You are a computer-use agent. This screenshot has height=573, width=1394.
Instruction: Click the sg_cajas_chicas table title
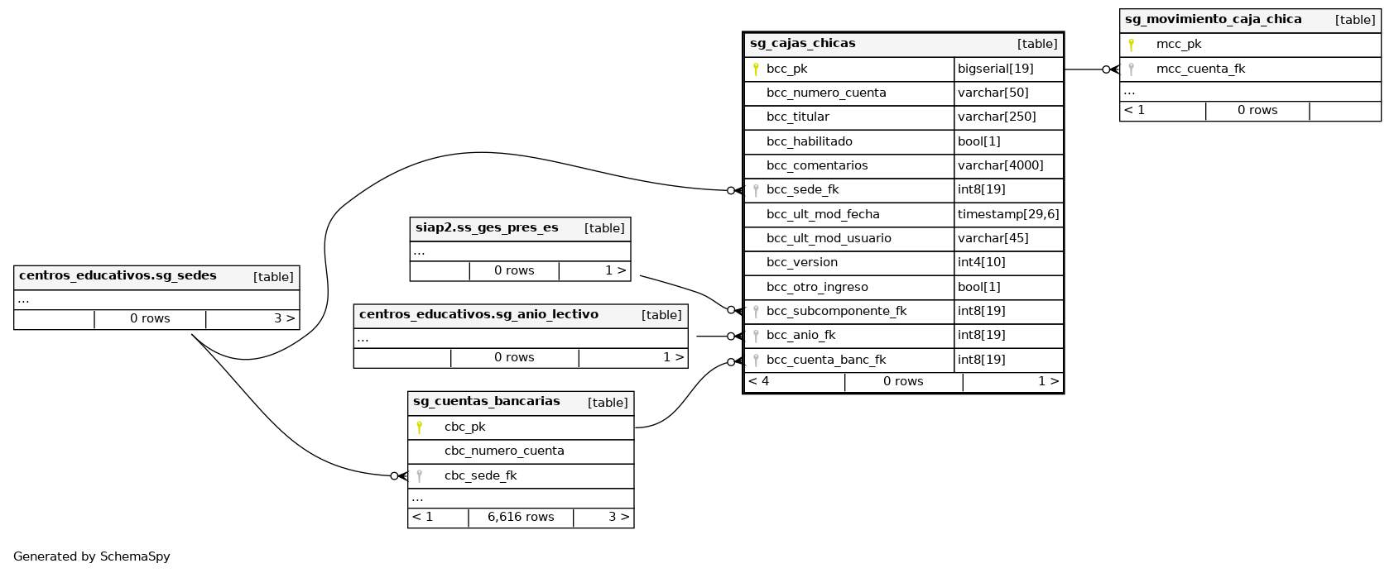pos(802,44)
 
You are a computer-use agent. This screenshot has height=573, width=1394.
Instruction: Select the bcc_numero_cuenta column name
pos(825,93)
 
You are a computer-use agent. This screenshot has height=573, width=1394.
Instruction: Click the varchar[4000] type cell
pos(1000,165)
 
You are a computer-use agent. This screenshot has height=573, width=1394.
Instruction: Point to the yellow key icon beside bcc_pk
pos(756,69)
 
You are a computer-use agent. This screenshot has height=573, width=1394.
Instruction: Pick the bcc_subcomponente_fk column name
pos(836,312)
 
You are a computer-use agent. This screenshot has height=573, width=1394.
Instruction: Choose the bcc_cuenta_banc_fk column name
pos(825,360)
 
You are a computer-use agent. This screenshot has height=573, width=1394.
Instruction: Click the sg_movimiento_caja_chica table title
pos(1213,20)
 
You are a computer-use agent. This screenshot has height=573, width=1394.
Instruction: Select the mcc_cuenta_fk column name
pos(1200,69)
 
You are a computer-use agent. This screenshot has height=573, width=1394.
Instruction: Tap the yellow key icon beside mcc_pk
pos(1132,45)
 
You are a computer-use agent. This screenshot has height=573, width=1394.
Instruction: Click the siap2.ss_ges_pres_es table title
pos(487,228)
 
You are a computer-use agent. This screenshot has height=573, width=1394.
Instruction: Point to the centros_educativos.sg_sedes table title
pos(118,276)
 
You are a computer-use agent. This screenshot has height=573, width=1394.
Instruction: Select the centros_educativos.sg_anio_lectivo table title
pos(478,315)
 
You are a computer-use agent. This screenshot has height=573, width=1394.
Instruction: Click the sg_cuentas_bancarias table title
pos(486,402)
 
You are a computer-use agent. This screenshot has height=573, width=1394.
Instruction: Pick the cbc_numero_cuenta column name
pos(504,451)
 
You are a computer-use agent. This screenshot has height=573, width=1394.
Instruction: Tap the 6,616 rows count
pos(521,518)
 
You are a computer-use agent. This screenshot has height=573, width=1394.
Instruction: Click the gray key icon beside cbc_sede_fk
pos(420,476)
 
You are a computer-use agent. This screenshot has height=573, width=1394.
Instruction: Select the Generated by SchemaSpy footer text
pos(92,556)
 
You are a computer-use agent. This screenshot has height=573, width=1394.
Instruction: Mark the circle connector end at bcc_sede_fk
pos(731,191)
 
